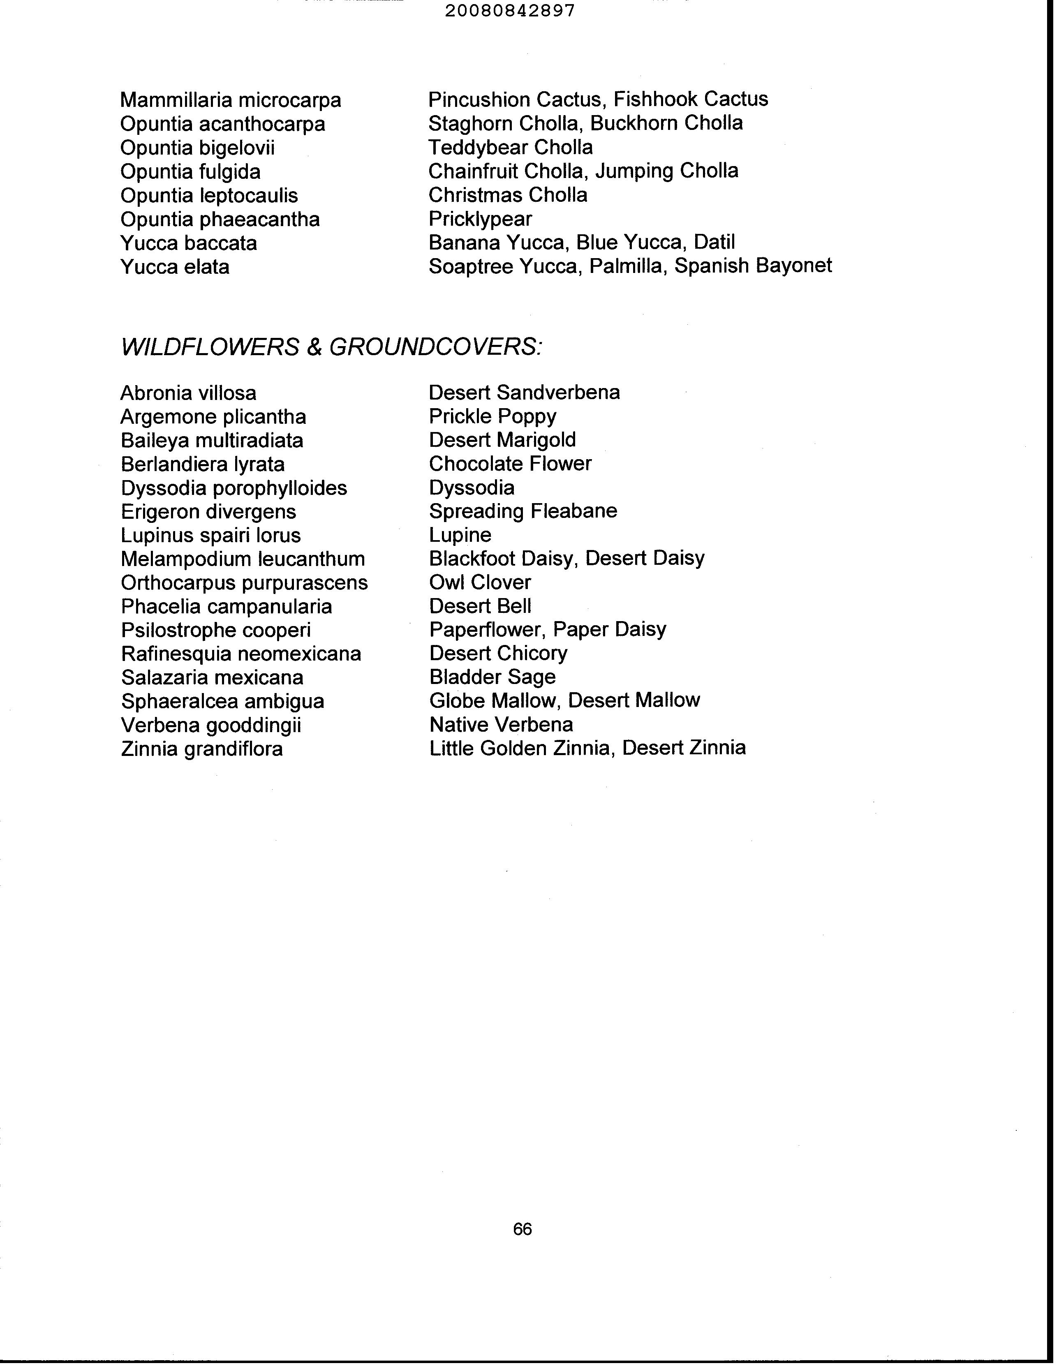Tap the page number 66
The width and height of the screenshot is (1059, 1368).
(x=522, y=1229)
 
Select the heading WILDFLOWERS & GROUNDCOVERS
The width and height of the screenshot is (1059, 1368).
(x=331, y=347)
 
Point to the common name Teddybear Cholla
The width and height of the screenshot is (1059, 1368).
(x=510, y=147)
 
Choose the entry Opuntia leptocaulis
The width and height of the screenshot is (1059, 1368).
(x=209, y=195)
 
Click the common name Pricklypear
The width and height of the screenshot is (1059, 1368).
(x=480, y=219)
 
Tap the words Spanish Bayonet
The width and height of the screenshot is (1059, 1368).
(x=753, y=266)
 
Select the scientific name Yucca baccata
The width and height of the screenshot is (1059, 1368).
(x=189, y=243)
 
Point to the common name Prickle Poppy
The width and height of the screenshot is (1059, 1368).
(x=493, y=416)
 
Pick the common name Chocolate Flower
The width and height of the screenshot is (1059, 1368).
(x=510, y=464)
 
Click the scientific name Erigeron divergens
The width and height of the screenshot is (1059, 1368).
(x=208, y=511)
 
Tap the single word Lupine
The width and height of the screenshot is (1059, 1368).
(x=460, y=535)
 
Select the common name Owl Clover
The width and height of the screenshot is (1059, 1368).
(x=480, y=582)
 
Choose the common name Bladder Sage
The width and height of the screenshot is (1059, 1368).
(x=493, y=677)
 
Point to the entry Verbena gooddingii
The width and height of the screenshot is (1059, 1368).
(x=211, y=725)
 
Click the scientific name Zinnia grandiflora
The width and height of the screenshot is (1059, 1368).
(x=202, y=749)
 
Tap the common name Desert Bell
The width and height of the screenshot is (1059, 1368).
(x=480, y=606)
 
